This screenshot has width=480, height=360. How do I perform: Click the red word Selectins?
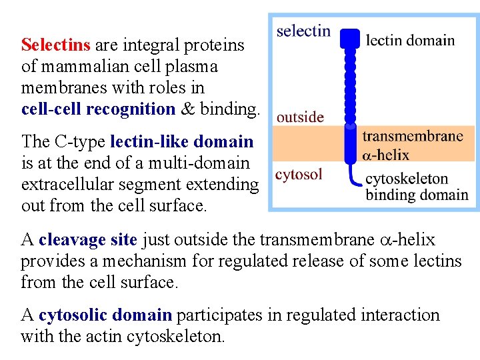pyautogui.click(x=55, y=45)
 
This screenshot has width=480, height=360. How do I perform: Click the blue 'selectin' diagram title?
pyautogui.click(x=303, y=31)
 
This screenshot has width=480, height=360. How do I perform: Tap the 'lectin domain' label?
pyautogui.click(x=411, y=40)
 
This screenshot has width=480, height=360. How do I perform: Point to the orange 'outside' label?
pyautogui.click(x=300, y=117)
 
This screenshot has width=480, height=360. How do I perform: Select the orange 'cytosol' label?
pyautogui.click(x=299, y=175)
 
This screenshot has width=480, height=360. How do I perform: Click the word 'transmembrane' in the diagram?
pyautogui.click(x=412, y=137)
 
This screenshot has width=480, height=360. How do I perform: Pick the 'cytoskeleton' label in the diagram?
pyautogui.click(x=407, y=179)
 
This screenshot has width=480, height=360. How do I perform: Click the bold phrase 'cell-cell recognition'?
pyautogui.click(x=98, y=109)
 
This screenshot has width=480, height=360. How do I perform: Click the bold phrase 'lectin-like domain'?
pyautogui.click(x=181, y=141)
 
